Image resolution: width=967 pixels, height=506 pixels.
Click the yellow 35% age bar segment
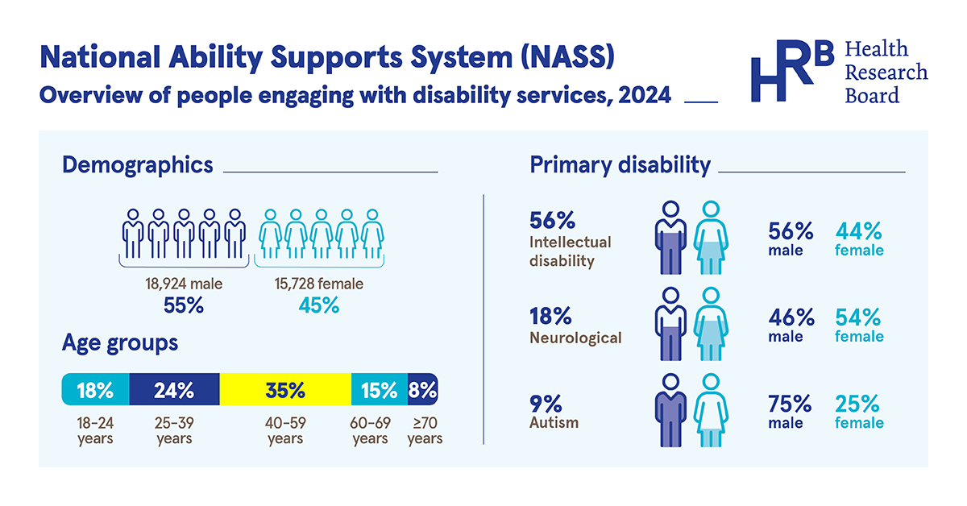coord(285,390)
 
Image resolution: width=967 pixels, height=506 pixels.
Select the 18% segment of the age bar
coord(95,390)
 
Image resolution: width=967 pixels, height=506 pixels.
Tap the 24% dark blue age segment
coord(174,390)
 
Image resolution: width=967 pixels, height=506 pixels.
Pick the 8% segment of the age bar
coord(423,390)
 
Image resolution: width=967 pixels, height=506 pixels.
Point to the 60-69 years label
coord(370,430)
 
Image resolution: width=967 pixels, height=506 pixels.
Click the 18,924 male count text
coord(184,284)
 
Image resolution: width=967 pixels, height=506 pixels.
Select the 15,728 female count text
coord(319,284)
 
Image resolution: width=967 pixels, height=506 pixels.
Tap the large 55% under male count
coord(184,305)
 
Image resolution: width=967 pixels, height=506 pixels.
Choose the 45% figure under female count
coord(319,305)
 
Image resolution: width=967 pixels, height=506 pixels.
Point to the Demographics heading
coord(138,165)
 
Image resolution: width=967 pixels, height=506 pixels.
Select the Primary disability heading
coord(620,165)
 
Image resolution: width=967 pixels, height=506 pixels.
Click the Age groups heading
coord(120,343)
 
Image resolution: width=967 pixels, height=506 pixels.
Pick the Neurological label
coord(575,338)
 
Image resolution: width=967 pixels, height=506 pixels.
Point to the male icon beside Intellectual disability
coord(670,238)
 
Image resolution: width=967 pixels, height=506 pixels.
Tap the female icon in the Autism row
coord(710,410)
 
